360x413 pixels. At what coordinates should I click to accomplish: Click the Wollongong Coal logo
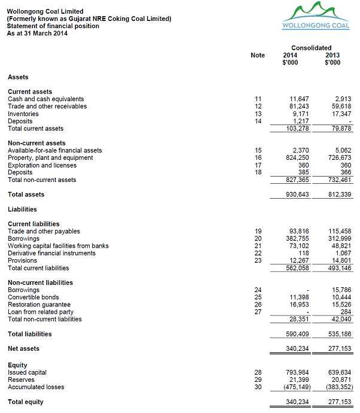315,16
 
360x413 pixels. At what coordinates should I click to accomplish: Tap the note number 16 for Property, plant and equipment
258,158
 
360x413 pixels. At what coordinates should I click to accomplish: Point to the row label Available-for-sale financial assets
54,151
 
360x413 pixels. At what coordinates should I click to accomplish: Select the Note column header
258,55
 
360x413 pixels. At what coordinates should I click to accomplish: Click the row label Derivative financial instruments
51,253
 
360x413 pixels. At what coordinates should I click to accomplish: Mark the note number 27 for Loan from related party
258,312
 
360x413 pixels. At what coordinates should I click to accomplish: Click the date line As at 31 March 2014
37,34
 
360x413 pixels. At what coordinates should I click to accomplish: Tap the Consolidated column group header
311,48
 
